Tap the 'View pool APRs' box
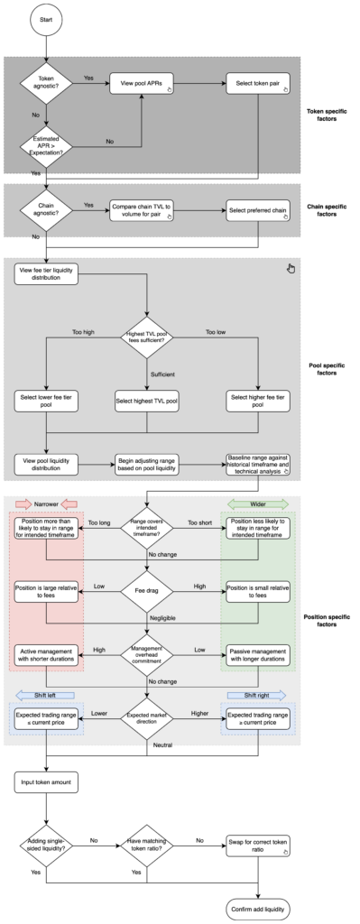(x=142, y=83)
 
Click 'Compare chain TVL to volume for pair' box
(x=142, y=210)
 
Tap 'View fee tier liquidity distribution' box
(x=48, y=273)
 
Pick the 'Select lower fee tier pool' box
(x=48, y=400)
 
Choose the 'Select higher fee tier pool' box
(x=257, y=400)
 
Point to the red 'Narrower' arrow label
(x=48, y=504)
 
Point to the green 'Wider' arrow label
(x=256, y=504)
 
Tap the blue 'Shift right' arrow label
(x=256, y=694)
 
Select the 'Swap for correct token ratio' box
(x=256, y=845)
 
